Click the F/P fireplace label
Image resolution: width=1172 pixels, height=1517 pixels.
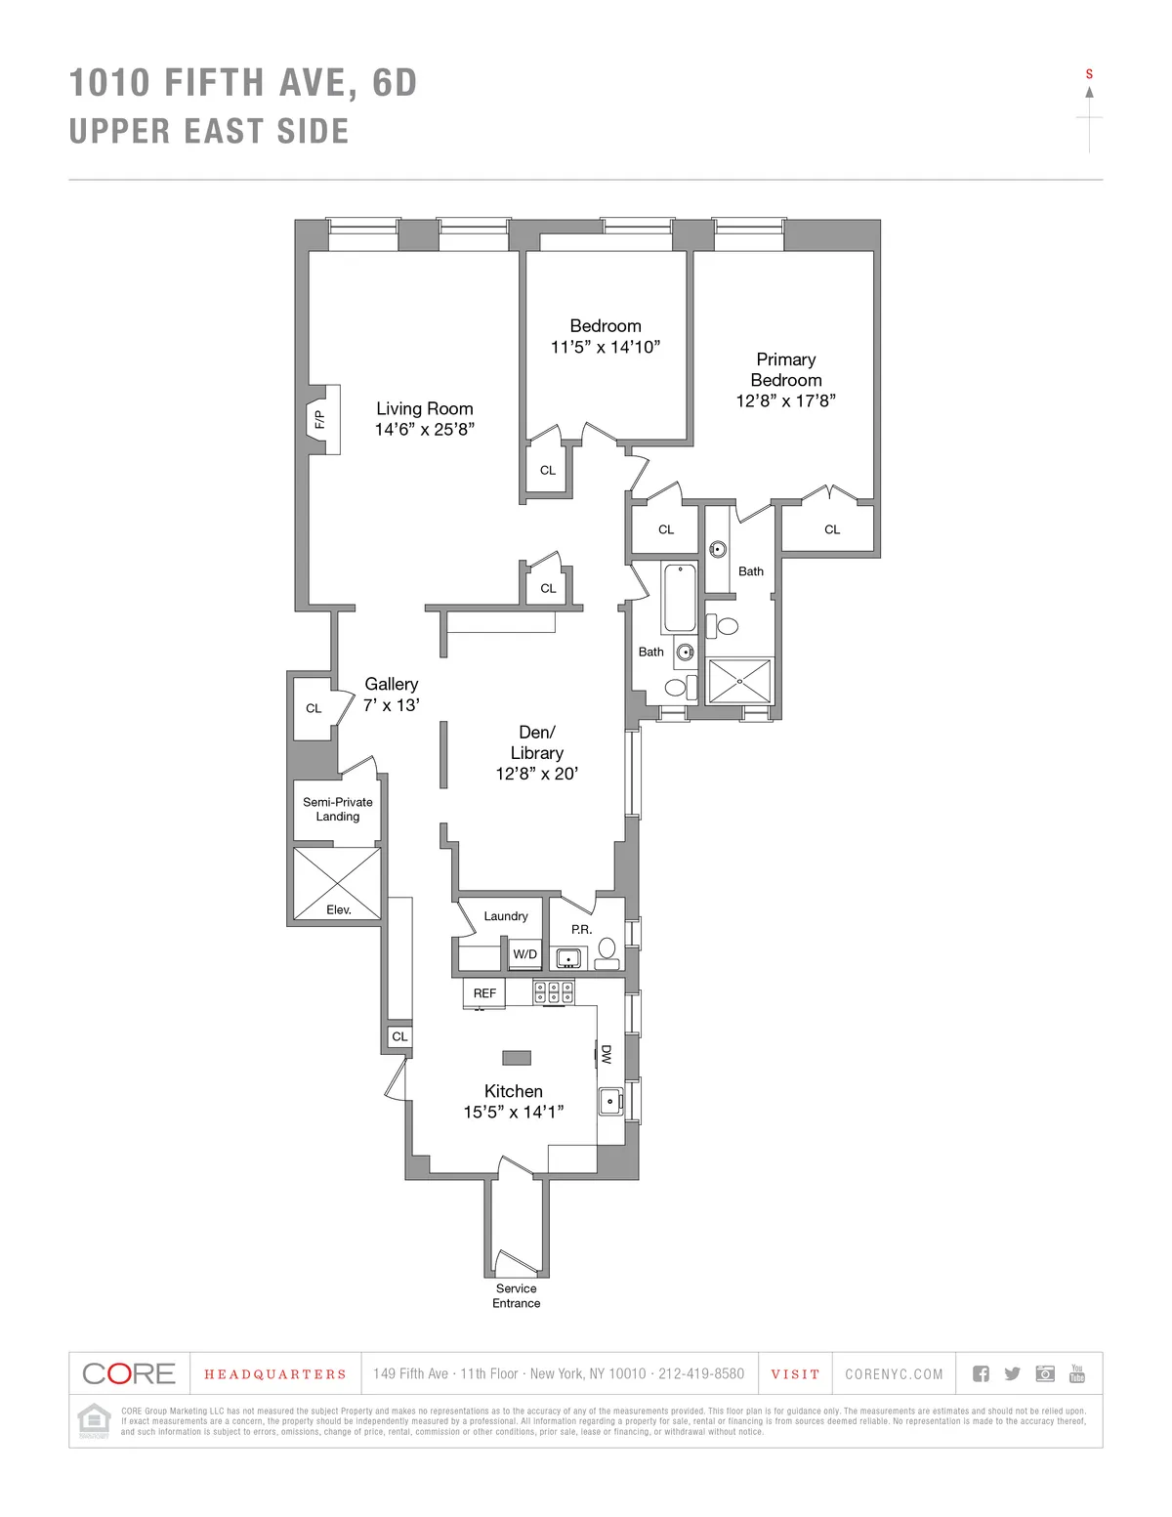click(319, 420)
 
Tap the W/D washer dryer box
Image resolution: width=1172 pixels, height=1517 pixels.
click(525, 954)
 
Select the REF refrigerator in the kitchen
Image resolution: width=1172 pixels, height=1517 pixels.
click(484, 993)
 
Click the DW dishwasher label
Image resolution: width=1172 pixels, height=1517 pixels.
click(607, 1055)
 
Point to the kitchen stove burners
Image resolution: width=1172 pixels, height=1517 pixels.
click(553, 992)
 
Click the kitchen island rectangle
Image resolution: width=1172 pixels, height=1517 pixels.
click(517, 1057)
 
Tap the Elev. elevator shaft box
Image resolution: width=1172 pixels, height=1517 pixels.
click(337, 883)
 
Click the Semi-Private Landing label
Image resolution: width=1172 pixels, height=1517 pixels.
click(338, 809)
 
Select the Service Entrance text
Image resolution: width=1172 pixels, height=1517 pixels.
click(517, 1295)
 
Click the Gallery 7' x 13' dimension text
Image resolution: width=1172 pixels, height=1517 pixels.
click(392, 704)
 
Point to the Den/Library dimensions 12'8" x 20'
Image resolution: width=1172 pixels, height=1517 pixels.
click(536, 774)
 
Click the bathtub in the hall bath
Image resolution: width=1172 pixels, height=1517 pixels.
click(680, 598)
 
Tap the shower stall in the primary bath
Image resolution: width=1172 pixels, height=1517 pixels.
click(739, 681)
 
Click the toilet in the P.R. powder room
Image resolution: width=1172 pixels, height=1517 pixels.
click(607, 948)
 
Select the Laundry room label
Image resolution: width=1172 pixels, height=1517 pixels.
click(506, 916)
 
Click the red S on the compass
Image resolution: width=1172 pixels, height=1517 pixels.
click(1089, 74)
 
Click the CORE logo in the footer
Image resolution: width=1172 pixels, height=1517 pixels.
click(129, 1373)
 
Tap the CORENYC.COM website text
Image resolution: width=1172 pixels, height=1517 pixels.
click(894, 1374)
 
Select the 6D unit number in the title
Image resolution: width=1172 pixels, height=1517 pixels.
click(395, 83)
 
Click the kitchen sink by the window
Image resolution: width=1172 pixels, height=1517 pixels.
click(611, 1102)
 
